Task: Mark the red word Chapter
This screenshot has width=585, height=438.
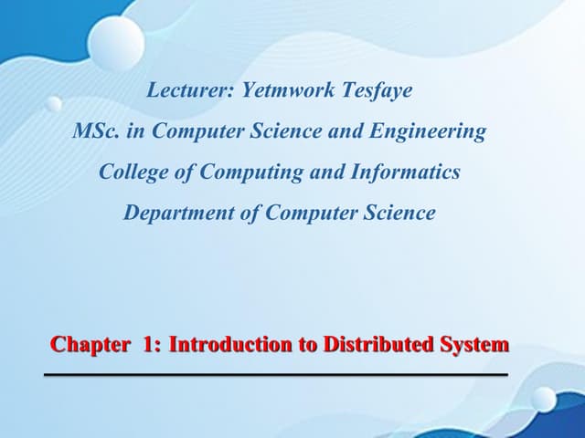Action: point(90,345)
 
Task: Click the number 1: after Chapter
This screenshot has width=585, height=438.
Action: point(153,345)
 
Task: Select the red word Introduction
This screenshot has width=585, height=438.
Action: point(227,345)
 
